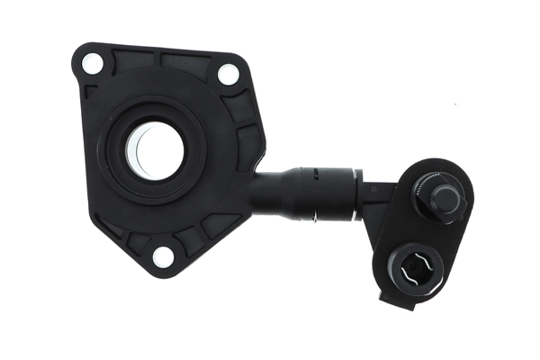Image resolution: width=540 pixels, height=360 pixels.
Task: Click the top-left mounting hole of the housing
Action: coord(92,63)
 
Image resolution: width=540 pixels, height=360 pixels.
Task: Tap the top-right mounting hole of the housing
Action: coord(229,75)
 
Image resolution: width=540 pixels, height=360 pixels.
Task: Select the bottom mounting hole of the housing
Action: coord(163,256)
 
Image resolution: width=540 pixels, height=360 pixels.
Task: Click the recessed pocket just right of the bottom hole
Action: coord(193,239)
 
